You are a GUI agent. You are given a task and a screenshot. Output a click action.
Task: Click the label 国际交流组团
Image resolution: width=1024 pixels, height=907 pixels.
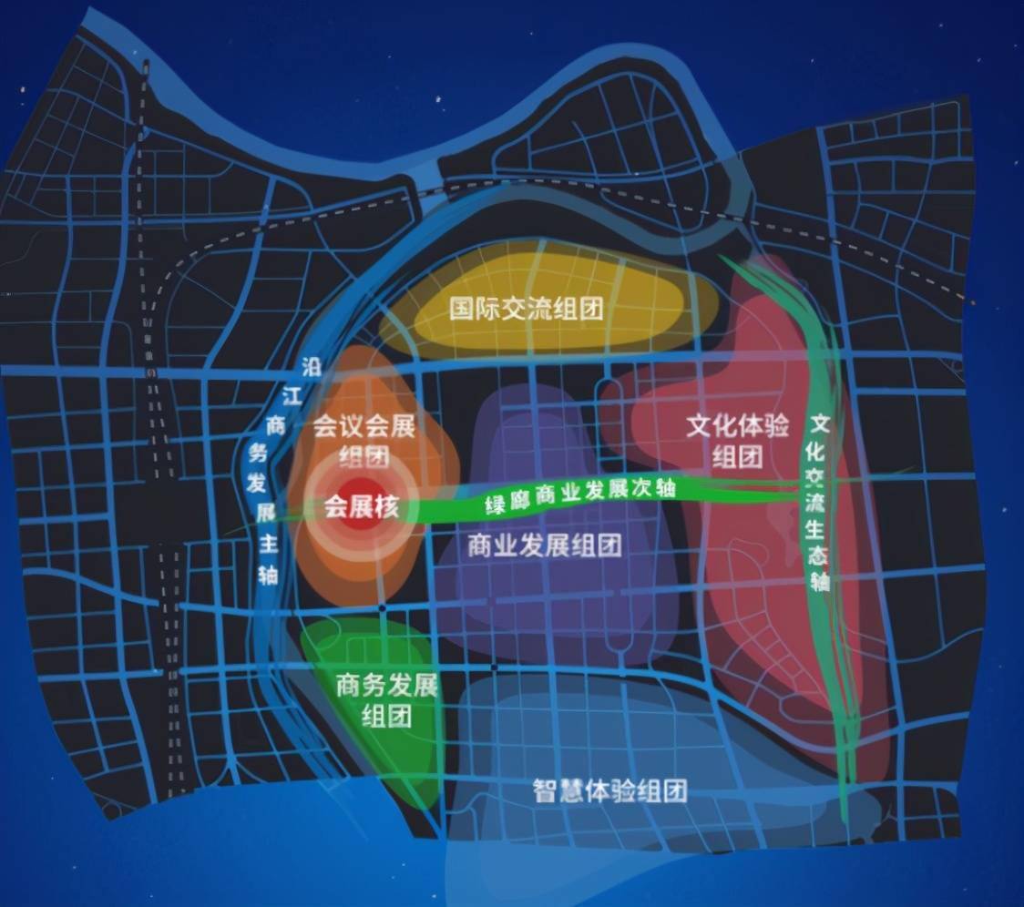coord(527,308)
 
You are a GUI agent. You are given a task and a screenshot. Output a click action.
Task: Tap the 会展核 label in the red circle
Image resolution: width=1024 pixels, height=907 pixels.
coord(362,507)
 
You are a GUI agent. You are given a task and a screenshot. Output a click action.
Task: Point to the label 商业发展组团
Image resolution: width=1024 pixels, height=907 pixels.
coord(544,545)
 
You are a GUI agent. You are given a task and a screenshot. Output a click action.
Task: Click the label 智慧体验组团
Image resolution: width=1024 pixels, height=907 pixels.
coord(609,790)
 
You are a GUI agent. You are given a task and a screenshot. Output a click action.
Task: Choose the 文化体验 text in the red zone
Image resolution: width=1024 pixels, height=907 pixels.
coord(738,427)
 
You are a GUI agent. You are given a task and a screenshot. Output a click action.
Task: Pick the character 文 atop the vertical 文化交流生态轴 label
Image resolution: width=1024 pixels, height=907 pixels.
coord(821,425)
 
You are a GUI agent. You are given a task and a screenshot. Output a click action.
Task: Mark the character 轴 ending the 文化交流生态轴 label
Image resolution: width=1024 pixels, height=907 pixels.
coord(820,581)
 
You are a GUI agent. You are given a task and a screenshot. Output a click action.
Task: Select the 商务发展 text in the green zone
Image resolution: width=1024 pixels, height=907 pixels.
coord(387,685)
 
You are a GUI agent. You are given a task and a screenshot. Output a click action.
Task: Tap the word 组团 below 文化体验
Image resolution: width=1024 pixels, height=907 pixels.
coord(738,455)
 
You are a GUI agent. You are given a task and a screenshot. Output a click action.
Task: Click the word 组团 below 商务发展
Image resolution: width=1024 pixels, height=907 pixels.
coord(387,715)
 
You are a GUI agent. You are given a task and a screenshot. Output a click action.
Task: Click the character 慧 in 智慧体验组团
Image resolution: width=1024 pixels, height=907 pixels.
coord(569,790)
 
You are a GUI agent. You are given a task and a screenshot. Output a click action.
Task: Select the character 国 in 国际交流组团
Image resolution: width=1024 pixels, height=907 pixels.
coord(462,308)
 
